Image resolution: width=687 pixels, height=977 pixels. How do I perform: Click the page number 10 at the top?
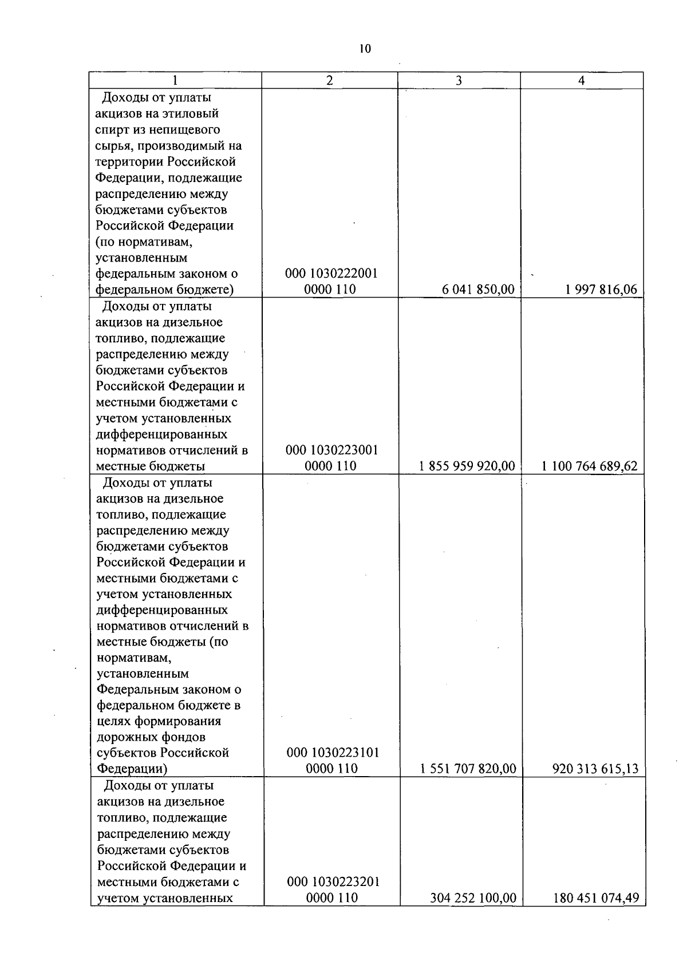click(365, 49)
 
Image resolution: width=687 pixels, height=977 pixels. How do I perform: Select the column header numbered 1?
click(175, 81)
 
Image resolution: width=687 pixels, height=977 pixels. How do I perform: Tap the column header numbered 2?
click(329, 81)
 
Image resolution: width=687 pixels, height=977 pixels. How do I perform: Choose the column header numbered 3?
click(459, 81)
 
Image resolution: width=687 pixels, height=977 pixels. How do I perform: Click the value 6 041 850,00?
click(478, 290)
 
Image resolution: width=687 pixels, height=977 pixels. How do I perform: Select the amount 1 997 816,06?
click(601, 290)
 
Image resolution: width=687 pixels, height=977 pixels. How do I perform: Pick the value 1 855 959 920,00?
click(467, 466)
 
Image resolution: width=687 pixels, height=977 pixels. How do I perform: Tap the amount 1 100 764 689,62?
click(590, 466)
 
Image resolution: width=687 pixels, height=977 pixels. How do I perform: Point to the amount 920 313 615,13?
click(595, 769)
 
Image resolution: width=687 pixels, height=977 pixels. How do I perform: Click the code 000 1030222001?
click(331, 274)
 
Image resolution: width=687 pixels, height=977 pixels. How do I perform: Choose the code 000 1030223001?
click(331, 450)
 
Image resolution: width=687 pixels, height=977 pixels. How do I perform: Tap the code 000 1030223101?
click(332, 753)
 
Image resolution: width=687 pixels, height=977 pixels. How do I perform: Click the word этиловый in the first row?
click(192, 114)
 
